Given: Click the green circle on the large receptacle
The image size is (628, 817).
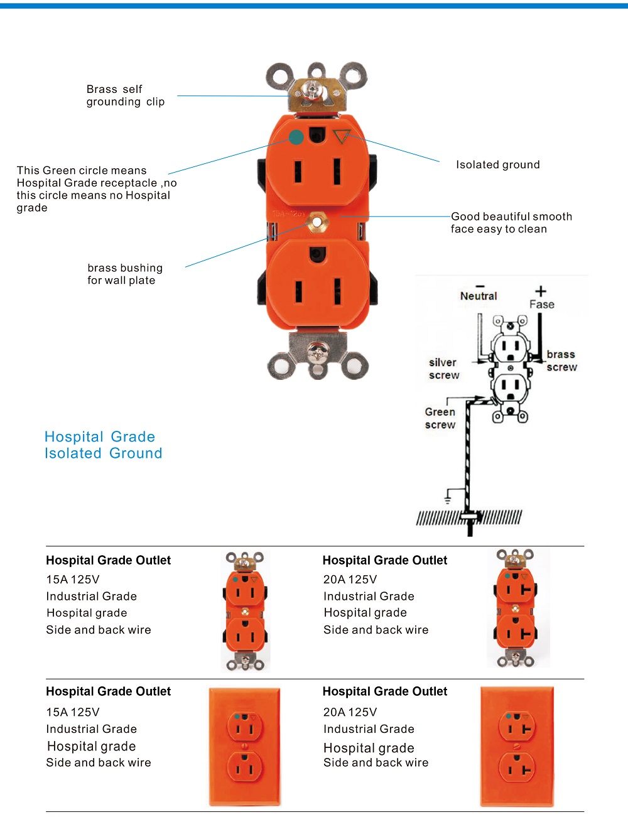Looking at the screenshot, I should coord(296,136).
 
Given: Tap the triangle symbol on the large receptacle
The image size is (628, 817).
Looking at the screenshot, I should coord(341,136).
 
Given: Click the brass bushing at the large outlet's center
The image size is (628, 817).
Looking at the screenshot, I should coord(318,222).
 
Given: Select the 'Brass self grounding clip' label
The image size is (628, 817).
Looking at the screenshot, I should coord(125,95).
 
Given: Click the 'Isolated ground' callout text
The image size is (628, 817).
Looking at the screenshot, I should coord(497,165).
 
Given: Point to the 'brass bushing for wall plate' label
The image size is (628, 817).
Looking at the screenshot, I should coord(124,274).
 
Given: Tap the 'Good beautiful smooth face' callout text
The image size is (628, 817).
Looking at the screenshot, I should coord(511,222).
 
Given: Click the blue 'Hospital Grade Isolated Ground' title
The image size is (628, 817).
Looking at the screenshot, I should coord(103,445).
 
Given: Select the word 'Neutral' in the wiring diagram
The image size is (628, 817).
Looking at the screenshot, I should coord(478,296).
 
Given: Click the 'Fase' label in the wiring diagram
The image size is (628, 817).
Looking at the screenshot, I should coord(541,305).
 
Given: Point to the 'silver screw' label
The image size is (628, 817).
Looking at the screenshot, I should coord(443,369).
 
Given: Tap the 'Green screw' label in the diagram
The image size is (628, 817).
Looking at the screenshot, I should coord(440,418).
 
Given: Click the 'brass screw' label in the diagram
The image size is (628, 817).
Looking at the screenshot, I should coord(561,360).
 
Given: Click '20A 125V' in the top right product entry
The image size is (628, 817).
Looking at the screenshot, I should coord(350,579).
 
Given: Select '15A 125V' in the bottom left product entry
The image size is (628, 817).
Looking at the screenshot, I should coord(72,712).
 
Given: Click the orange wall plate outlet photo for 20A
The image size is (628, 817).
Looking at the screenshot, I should coord(517,746).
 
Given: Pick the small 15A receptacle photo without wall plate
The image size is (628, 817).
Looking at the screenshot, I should coord(246,610).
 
